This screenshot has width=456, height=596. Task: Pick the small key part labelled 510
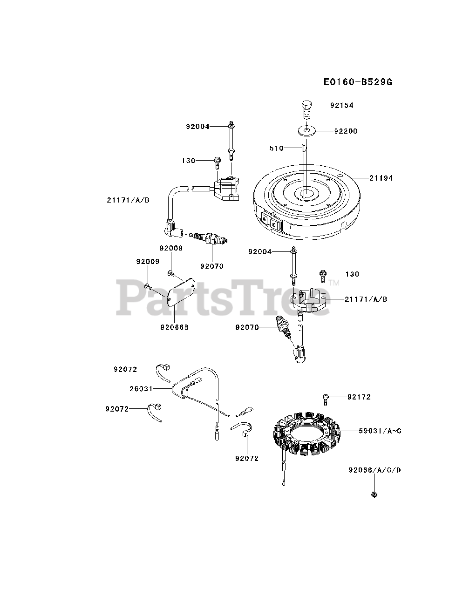302,148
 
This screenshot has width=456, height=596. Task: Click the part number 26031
141,387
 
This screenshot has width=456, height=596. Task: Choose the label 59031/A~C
380,431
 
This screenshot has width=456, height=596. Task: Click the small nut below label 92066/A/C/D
374,494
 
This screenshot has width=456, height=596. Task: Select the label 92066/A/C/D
374,470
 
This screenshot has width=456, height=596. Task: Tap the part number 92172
359,397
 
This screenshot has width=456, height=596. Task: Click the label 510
276,148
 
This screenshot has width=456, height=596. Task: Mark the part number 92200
346,131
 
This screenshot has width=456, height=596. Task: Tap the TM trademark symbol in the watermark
333,283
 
